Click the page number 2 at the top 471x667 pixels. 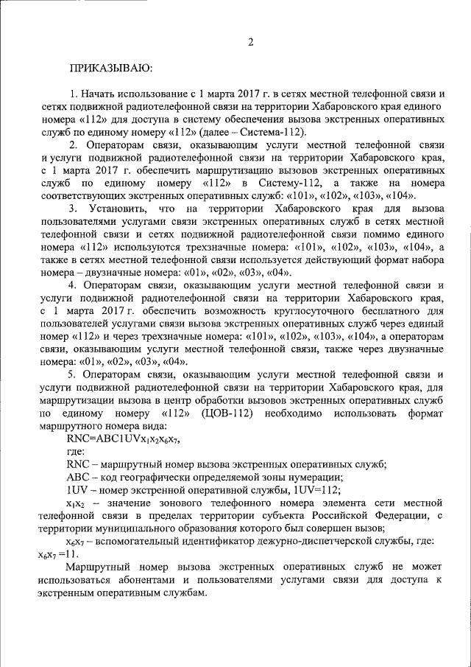(251, 42)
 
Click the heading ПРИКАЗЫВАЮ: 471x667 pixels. (111, 69)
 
